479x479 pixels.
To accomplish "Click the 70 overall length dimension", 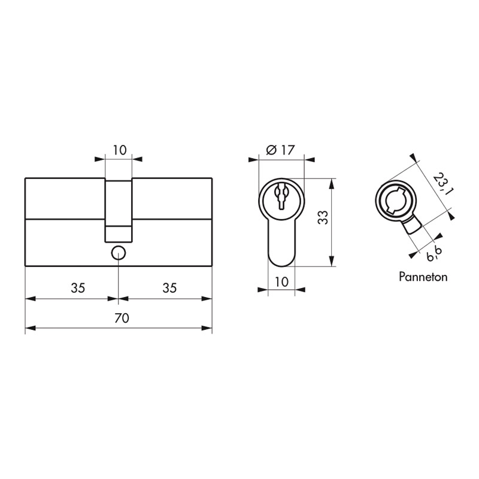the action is [x=122, y=318].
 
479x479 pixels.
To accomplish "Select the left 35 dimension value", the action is [x=78, y=288].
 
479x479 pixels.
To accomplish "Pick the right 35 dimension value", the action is [x=169, y=288].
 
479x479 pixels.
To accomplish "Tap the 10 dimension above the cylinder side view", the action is [x=120, y=150].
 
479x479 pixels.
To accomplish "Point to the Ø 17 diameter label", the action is [x=280, y=150].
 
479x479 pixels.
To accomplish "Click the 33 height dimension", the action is [x=323, y=217].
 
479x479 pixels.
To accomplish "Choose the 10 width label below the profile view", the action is [x=281, y=282].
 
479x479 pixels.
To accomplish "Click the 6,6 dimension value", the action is [x=435, y=254].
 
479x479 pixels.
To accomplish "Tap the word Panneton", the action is [x=423, y=277].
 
